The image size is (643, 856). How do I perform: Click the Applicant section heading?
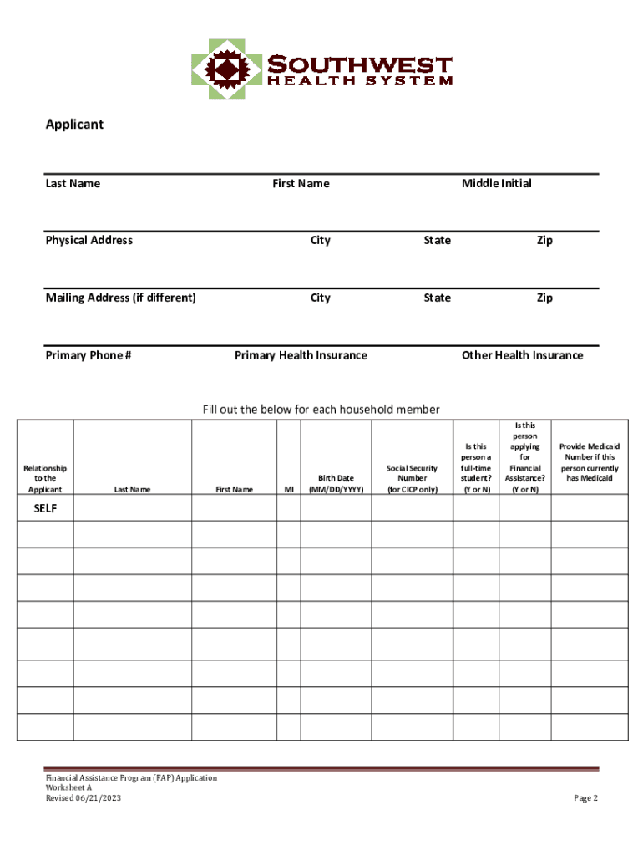[74, 125]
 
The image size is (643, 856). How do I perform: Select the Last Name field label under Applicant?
[73, 183]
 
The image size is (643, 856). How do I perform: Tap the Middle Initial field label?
[496, 183]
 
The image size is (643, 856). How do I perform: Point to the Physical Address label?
[89, 240]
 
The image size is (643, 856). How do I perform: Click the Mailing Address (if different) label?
[120, 298]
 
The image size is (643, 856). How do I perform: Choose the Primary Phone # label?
[88, 355]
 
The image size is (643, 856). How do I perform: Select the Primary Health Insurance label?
[301, 355]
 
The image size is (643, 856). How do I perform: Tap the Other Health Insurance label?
[522, 355]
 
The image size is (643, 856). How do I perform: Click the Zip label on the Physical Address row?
[544, 240]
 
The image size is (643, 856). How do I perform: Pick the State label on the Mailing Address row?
[437, 298]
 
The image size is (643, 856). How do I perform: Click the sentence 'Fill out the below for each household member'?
[321, 409]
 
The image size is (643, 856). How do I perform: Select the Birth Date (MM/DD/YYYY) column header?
[336, 484]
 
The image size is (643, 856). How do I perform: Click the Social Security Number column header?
[412, 479]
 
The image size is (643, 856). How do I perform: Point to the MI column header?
[289, 489]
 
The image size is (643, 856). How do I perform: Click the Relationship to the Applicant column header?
[45, 479]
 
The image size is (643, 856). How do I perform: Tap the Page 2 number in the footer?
[585, 798]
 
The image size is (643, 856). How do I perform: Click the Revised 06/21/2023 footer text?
[84, 798]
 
